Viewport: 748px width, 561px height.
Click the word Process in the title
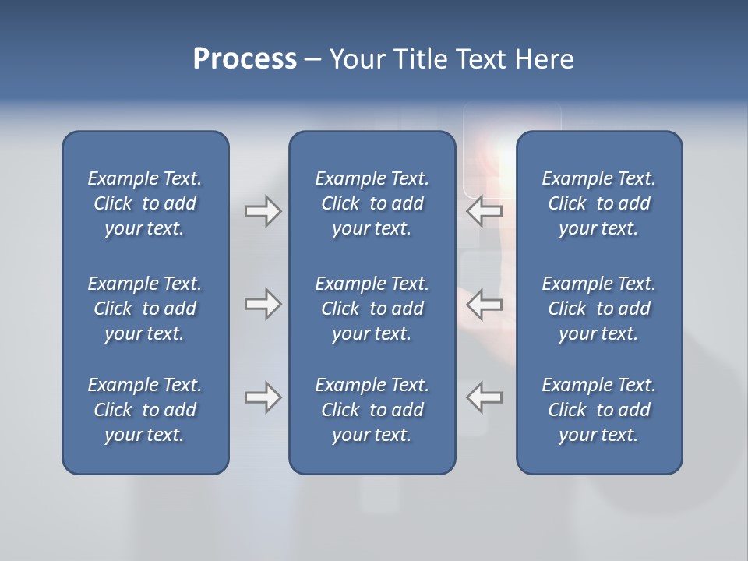pyautogui.click(x=245, y=59)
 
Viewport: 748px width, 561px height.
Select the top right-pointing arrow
pyautogui.click(x=263, y=211)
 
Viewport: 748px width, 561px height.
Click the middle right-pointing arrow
pyautogui.click(x=263, y=303)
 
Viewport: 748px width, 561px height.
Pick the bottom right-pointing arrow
pyautogui.click(x=263, y=397)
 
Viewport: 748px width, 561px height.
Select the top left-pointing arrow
pyautogui.click(x=484, y=211)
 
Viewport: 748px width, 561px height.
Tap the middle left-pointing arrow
pyautogui.click(x=484, y=303)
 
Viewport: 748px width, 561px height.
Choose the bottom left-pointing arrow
pyautogui.click(x=484, y=397)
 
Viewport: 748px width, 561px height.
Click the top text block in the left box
pyautogui.click(x=145, y=203)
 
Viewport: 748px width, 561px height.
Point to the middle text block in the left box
pyautogui.click(x=145, y=309)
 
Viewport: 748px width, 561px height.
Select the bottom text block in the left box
pyautogui.click(x=145, y=410)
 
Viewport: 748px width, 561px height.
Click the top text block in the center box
pyautogui.click(x=372, y=203)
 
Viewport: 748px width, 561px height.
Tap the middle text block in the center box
pyautogui.click(x=372, y=309)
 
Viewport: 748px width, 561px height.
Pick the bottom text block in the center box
pyautogui.click(x=372, y=410)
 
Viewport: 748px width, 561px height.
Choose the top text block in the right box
pyautogui.click(x=598, y=203)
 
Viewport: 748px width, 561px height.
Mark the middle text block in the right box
pyautogui.click(x=598, y=309)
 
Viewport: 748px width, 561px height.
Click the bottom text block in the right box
pyautogui.click(x=598, y=410)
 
